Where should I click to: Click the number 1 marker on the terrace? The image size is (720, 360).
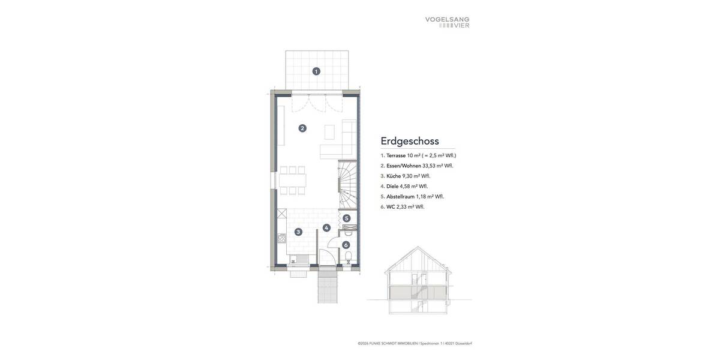click(x=316, y=71)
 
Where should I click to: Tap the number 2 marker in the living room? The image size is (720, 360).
click(x=302, y=128)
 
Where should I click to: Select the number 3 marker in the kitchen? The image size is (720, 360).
click(x=298, y=232)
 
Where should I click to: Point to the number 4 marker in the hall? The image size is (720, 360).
click(x=326, y=228)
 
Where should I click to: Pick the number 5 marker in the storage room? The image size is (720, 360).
click(x=346, y=218)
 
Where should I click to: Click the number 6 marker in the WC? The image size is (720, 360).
click(x=346, y=245)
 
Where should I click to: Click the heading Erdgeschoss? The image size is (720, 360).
click(x=410, y=141)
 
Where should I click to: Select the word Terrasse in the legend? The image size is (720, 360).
click(x=396, y=155)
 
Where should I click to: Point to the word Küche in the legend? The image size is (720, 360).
click(x=394, y=176)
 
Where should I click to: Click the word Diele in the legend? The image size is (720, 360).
click(x=392, y=186)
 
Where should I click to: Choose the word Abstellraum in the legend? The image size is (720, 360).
click(x=400, y=196)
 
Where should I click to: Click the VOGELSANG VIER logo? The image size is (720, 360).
click(x=447, y=22)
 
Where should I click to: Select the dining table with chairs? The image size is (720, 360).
click(x=293, y=180)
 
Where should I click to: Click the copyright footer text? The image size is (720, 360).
click(x=415, y=343)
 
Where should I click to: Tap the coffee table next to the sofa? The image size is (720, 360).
click(x=329, y=131)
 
